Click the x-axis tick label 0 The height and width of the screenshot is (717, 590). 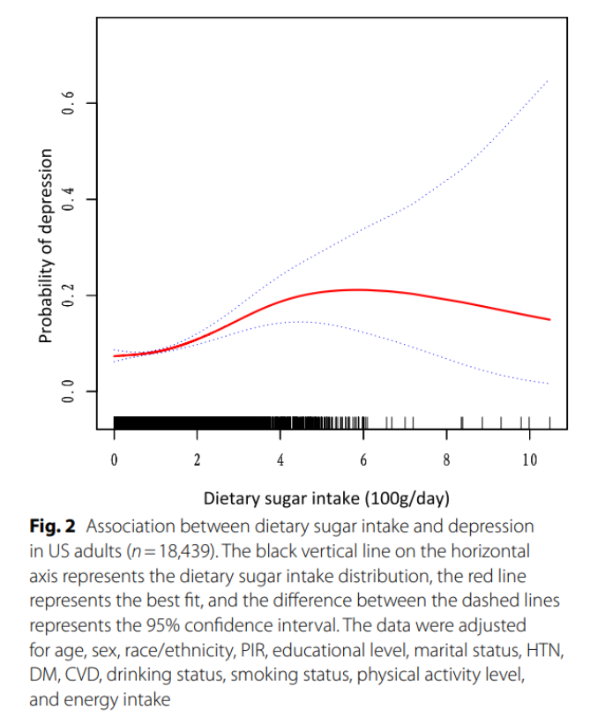pos(114,459)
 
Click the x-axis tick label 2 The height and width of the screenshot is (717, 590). pos(197,459)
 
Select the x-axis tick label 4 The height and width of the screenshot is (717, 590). pos(280,459)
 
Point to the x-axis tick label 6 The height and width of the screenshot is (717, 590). pos(363,459)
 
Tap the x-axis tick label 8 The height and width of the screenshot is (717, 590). pos(446,459)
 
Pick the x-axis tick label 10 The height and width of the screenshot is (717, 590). pos(529,459)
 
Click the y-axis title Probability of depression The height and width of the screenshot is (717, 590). pos(45,246)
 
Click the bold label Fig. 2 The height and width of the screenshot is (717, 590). pos(54,527)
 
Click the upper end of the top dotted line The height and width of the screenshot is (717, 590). pos(549,79)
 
